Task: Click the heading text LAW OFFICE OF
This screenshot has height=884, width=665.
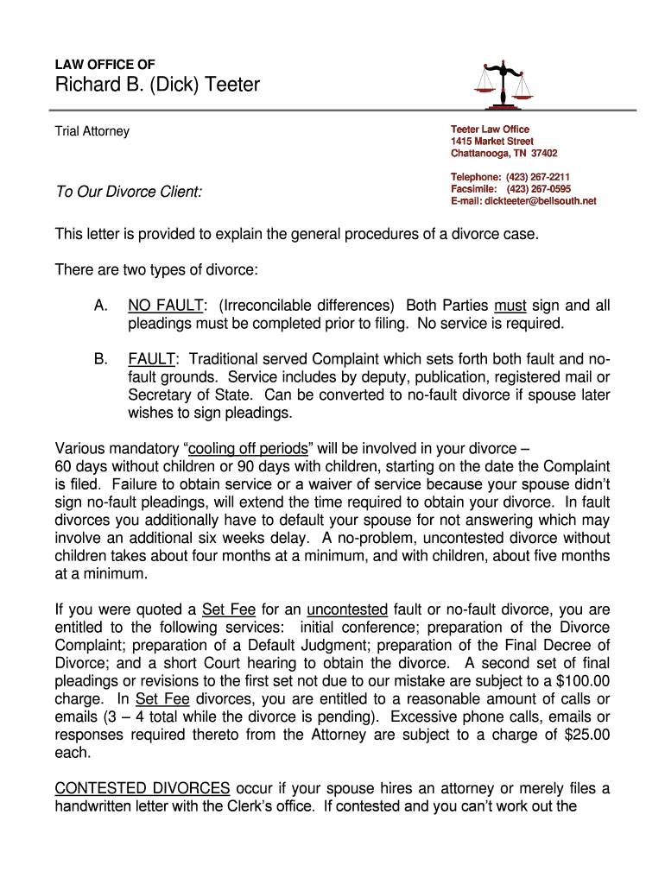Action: point(105,65)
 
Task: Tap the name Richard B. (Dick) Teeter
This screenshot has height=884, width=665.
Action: point(157,85)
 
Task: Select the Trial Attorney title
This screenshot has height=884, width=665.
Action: point(92,131)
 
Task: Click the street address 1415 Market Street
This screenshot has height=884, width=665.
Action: point(491,141)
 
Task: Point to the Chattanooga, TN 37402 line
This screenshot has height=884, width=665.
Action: point(503,153)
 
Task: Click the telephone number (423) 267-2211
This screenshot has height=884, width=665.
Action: point(537,177)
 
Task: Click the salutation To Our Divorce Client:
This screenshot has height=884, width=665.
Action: point(129,192)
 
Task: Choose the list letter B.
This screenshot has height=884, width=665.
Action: point(100,358)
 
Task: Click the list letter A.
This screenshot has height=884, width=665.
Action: point(100,306)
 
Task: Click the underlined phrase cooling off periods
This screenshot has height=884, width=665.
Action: point(248,448)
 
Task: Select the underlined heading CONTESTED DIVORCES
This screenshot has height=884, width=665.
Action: point(142,788)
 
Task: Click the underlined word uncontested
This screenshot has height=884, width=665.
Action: point(347,609)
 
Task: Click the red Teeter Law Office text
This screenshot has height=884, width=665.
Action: point(490,129)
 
